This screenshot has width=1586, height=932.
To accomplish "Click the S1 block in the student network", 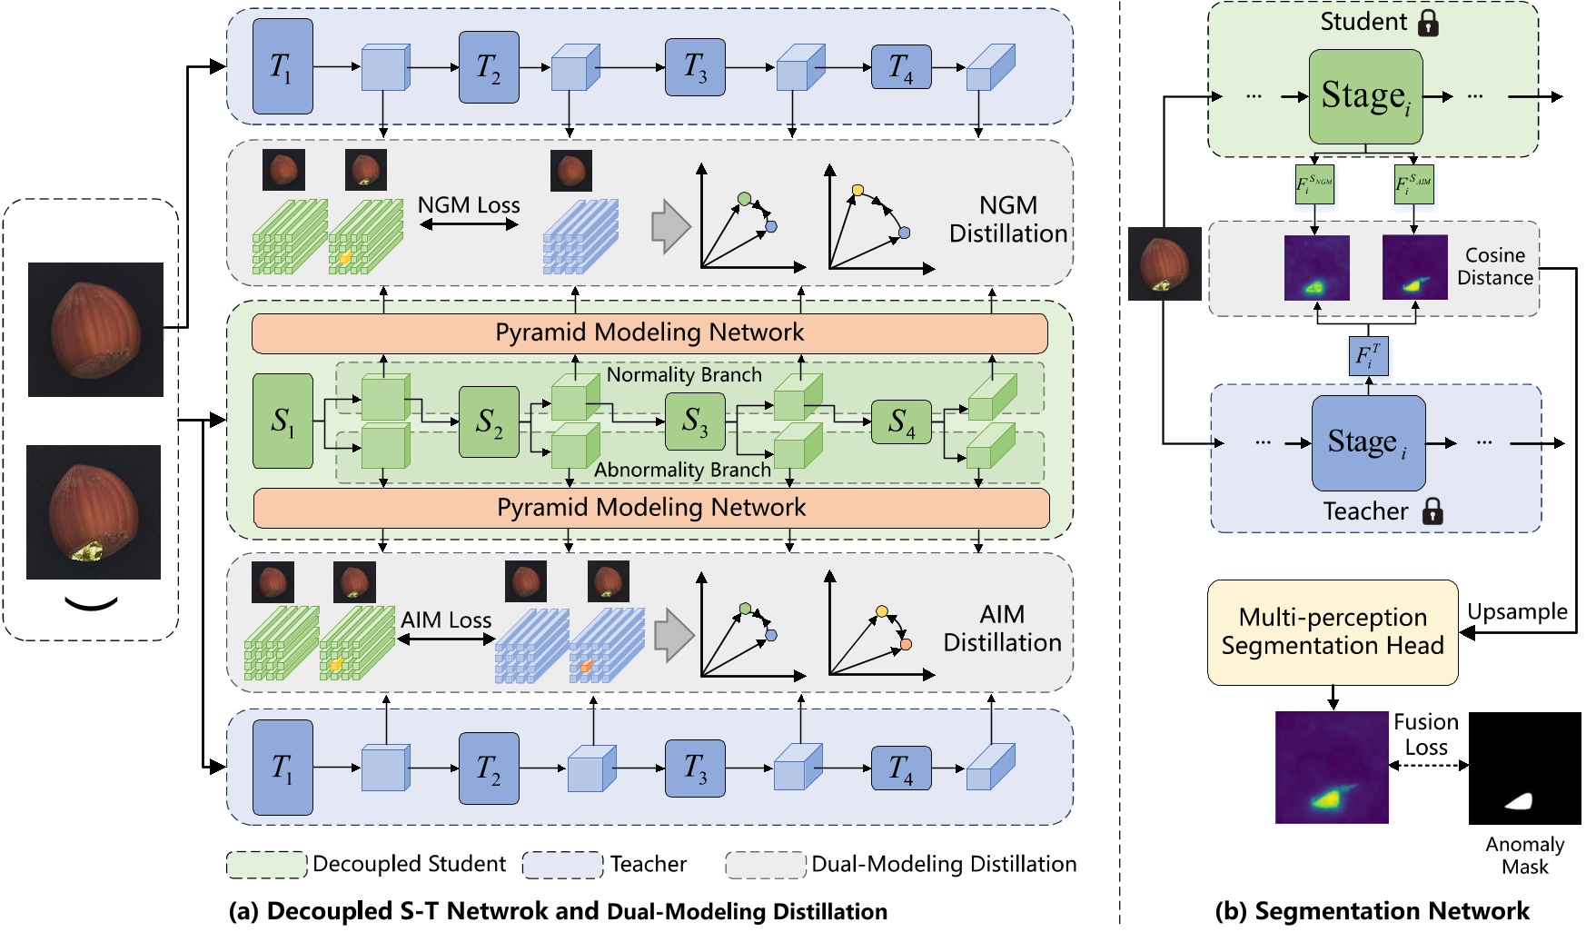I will (283, 421).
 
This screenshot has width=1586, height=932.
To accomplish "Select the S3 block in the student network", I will (695, 421).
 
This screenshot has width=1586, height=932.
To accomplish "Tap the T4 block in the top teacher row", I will (901, 67).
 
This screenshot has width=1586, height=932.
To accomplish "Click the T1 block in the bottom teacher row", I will (283, 768).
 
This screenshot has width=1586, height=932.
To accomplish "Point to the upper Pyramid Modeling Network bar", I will (649, 333).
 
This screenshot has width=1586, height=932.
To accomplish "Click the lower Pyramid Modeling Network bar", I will (650, 508).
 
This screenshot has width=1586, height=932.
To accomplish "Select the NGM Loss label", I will (469, 205).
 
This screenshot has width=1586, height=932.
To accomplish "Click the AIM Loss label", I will (446, 620).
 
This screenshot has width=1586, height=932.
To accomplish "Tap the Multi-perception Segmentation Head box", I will (1332, 632).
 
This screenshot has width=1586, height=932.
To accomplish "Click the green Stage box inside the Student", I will (1365, 96).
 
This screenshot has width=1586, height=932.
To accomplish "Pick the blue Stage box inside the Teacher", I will (1368, 442).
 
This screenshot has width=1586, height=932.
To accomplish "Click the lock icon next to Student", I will (1428, 23).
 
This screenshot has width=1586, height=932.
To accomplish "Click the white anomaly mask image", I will (1524, 768).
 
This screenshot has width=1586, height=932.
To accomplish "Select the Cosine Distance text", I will (1494, 266).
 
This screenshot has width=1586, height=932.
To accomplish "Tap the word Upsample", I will (1517, 611).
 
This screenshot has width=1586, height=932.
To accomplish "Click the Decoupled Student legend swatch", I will (266, 864).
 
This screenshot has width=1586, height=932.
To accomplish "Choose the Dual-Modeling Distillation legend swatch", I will (765, 864).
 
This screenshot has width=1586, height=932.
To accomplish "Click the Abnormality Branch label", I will (682, 470).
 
